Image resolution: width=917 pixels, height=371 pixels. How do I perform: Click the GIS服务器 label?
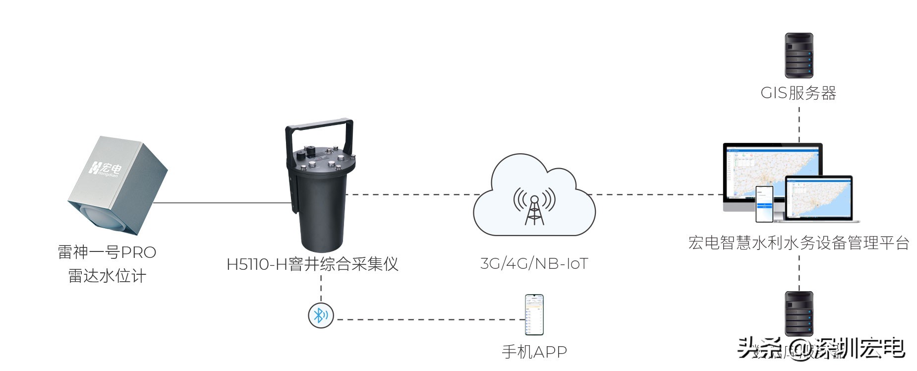tap(798, 93)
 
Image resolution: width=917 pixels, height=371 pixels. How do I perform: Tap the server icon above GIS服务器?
tap(799, 56)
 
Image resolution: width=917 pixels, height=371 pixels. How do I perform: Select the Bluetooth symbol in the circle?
tap(321, 315)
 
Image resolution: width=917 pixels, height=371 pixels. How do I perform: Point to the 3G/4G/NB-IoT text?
tap(534, 263)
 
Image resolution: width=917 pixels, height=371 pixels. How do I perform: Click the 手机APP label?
tap(534, 352)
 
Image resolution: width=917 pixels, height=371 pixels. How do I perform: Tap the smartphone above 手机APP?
tap(534, 315)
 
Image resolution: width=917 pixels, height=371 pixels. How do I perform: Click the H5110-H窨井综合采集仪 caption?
tap(312, 264)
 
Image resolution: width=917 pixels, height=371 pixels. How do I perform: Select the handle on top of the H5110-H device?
tap(319, 130)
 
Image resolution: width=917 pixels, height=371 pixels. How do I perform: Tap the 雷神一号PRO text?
tap(107, 252)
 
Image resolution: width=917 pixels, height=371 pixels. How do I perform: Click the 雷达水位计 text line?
tap(107, 276)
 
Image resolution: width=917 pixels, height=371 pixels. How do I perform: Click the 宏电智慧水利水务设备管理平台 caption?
tap(799, 243)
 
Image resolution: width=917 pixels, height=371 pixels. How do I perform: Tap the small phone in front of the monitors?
tap(764, 204)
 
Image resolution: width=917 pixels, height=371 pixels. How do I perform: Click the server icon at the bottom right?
tap(799, 313)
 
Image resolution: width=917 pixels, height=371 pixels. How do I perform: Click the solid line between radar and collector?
tap(223, 203)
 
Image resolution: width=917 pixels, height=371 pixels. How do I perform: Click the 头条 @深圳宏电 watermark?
tap(820, 349)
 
